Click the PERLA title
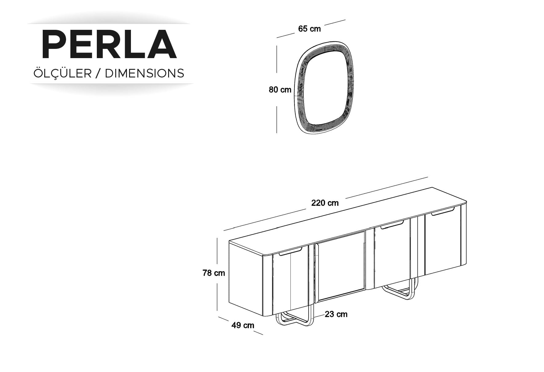point(109,44)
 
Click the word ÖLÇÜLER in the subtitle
point(62,73)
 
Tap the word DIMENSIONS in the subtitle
point(144,73)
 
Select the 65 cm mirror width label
point(309,29)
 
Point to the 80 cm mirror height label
point(280,90)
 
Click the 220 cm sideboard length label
point(325,203)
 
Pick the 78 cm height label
point(214,273)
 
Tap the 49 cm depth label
point(243,325)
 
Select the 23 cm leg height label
point(336,314)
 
